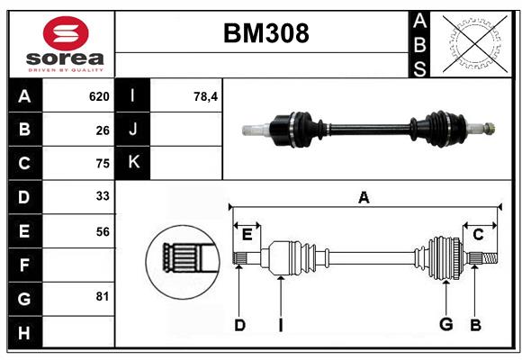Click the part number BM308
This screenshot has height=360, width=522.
[x=266, y=33]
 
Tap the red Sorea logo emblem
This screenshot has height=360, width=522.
[x=66, y=33]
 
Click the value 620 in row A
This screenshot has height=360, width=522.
[x=99, y=96]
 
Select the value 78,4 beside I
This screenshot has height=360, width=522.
[x=205, y=96]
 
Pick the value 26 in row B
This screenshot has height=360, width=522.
[x=103, y=130]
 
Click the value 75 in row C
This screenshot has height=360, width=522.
[x=103, y=164]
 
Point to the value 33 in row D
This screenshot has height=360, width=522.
[x=103, y=196]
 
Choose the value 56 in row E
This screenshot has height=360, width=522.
[x=103, y=231]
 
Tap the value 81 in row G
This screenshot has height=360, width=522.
[x=103, y=296]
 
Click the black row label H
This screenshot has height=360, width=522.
[x=25, y=332]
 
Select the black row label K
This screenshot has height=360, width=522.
[x=133, y=163]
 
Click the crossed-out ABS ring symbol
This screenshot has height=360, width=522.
[x=474, y=44]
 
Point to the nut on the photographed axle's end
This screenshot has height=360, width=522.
[x=489, y=128]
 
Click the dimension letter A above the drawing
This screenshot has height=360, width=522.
[x=364, y=197]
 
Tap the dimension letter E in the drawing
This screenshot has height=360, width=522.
[x=247, y=234]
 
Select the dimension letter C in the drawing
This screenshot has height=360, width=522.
[x=478, y=235]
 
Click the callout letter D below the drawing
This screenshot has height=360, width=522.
[x=239, y=325]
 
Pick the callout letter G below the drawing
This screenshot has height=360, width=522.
[x=445, y=324]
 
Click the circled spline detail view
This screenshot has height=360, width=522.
[x=183, y=262]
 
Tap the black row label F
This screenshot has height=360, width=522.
[x=25, y=265]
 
